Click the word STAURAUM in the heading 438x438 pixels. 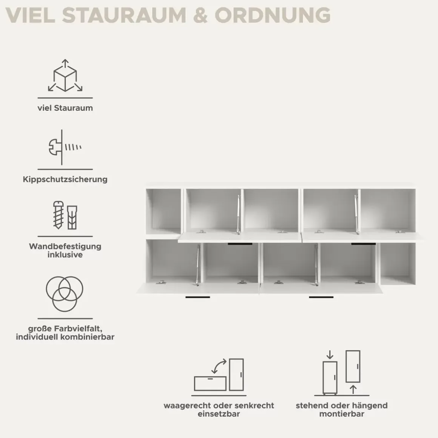click(124, 15)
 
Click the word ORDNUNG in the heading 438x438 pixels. click(273, 15)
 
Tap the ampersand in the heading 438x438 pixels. click(200, 15)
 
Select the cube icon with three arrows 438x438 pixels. click(65, 76)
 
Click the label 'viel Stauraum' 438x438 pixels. click(65, 108)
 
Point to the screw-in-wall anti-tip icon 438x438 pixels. click(65, 147)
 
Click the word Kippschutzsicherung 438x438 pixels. click(65, 179)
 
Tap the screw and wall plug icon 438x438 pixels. click(65, 215)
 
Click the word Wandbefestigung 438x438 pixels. click(65, 246)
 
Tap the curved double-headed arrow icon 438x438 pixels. click(219, 366)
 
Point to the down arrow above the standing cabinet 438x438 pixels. click(330, 355)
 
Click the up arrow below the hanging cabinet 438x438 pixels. click(353, 390)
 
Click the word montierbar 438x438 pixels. click(342, 414)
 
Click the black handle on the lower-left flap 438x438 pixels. click(198, 297)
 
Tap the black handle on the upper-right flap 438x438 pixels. click(363, 244)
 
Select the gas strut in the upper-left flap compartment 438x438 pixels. click(239, 214)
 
